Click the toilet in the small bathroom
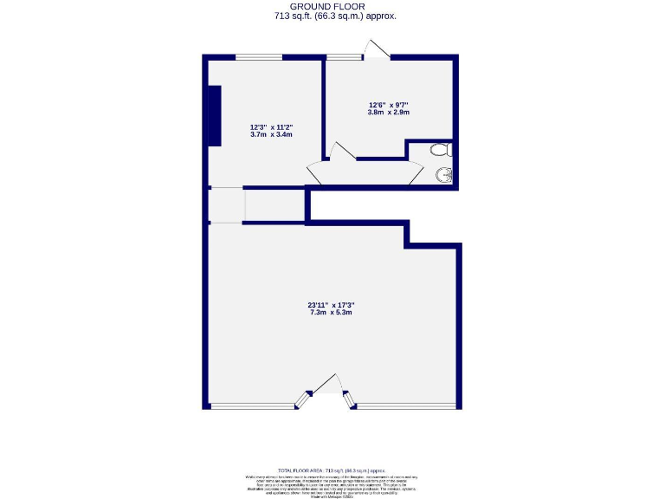(442, 150)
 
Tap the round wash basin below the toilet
(445, 175)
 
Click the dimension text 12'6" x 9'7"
(388, 104)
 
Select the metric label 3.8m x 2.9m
(388, 113)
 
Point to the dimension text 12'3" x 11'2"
(271, 126)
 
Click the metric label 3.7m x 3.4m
(271, 135)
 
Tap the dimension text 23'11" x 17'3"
(332, 304)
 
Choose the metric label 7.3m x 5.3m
(332, 313)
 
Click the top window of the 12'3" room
(259, 58)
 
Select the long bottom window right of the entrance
(406, 405)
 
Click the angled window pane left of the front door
(304, 399)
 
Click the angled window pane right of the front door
(350, 399)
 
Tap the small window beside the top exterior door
(345, 58)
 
